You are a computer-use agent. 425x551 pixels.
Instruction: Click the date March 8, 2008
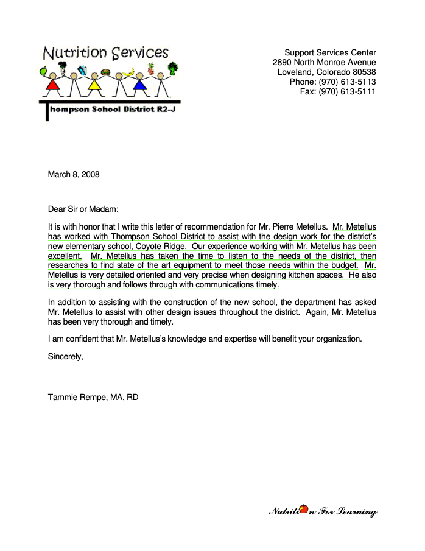point(74,175)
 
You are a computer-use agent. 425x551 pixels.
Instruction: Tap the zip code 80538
point(364,72)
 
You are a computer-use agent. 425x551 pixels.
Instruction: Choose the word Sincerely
point(65,357)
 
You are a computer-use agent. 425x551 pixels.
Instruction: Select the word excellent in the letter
point(65,256)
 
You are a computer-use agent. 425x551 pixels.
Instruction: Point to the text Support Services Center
point(330,52)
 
